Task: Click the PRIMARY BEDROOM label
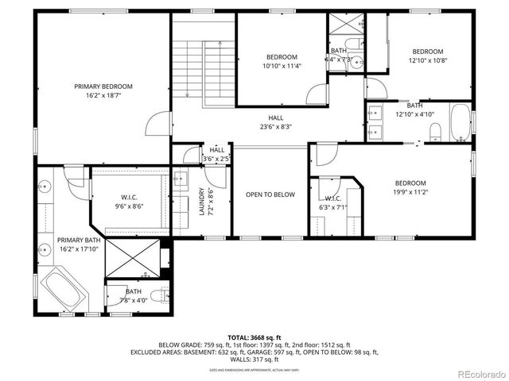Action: pyautogui.click(x=103, y=87)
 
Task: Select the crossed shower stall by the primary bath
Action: pyautogui.click(x=131, y=259)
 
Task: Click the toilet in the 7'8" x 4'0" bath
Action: pyautogui.click(x=161, y=295)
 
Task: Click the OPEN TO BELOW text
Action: pyautogui.click(x=270, y=194)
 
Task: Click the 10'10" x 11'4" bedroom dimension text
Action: pyautogui.click(x=282, y=67)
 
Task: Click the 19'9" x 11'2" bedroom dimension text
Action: pyautogui.click(x=411, y=191)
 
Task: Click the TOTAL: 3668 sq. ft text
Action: pyautogui.click(x=254, y=337)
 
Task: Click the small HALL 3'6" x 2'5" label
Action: pyautogui.click(x=216, y=154)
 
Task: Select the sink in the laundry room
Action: pyautogui.click(x=180, y=179)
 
